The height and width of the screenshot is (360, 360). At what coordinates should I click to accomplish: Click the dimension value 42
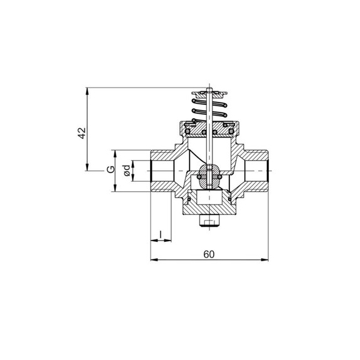click(82, 133)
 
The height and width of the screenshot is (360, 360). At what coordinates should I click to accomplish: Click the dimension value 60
click(209, 254)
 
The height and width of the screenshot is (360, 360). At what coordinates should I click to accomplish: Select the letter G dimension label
click(111, 169)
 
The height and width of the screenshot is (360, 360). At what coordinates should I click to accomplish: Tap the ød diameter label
click(127, 171)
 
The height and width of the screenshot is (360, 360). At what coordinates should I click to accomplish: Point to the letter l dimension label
click(161, 234)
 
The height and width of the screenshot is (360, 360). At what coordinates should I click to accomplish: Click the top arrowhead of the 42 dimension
click(87, 91)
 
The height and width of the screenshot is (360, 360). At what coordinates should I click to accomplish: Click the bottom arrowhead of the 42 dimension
click(87, 167)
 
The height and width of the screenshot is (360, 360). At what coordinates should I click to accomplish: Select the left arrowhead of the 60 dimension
click(154, 259)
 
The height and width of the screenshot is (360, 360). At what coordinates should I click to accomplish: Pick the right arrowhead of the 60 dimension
click(265, 259)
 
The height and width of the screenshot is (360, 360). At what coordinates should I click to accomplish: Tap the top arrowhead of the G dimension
click(115, 153)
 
